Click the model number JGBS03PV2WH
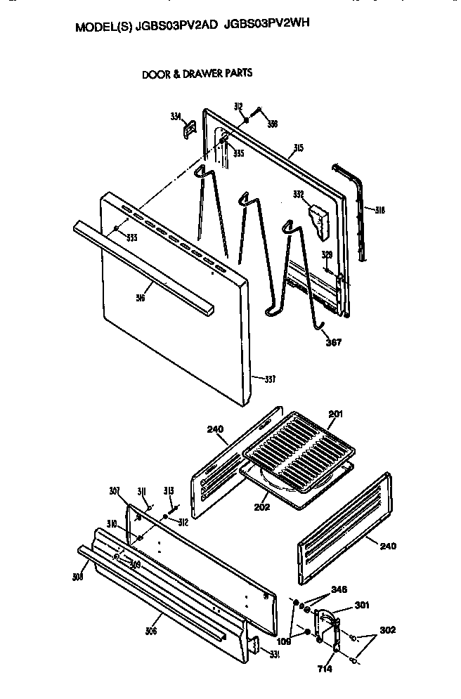click(x=267, y=24)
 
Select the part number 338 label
click(x=273, y=124)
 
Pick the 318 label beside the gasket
click(x=379, y=209)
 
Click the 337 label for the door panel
click(x=268, y=380)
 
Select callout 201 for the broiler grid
click(x=336, y=414)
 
